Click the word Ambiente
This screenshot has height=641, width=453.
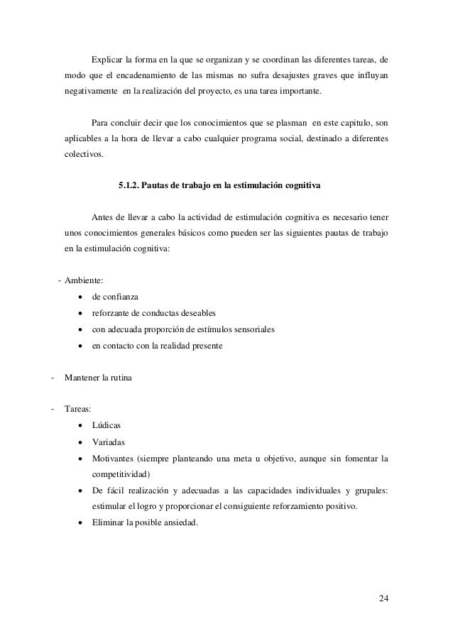83,280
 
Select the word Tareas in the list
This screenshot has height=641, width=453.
77,410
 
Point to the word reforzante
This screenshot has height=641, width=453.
111,313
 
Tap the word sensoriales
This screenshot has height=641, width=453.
252,329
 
